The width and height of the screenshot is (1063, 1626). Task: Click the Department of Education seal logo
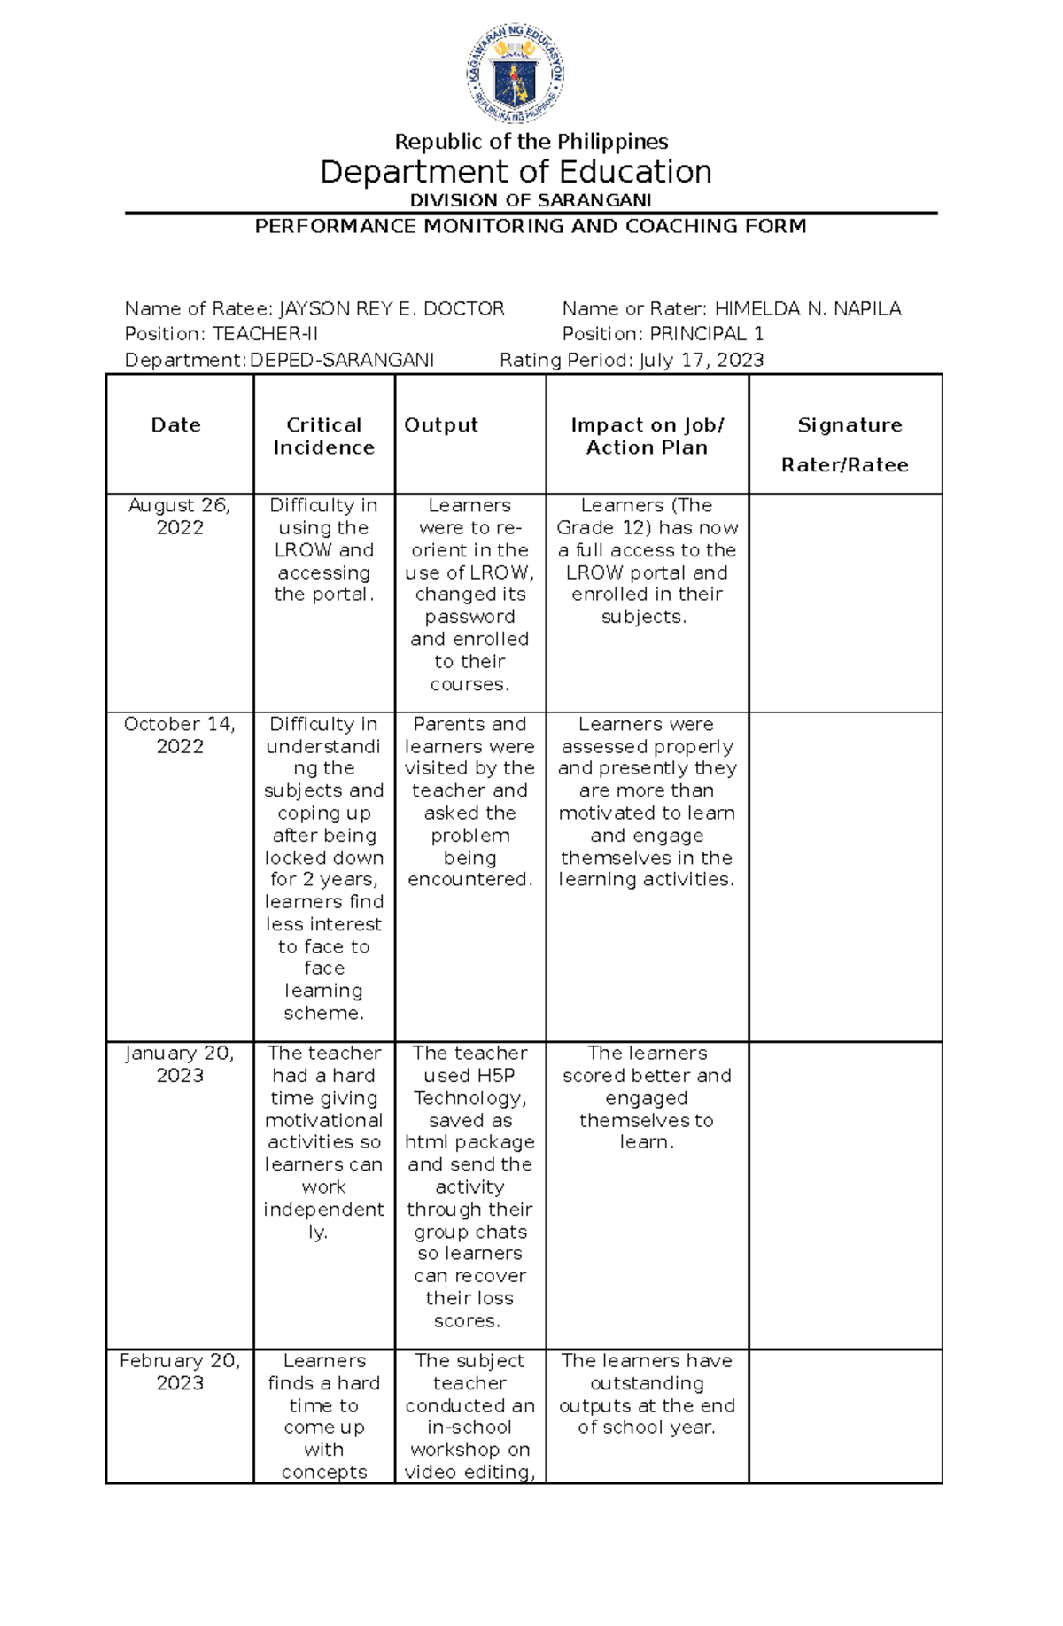[516, 74]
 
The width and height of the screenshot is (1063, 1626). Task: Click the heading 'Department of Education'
[516, 172]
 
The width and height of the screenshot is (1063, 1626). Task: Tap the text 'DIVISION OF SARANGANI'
[531, 200]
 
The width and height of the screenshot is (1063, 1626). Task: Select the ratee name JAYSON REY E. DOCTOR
[392, 309]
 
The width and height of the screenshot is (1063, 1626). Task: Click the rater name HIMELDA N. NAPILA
[808, 309]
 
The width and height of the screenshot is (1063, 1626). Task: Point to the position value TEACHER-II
[265, 334]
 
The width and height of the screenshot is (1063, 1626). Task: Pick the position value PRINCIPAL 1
[707, 334]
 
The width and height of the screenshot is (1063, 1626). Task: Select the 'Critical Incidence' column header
[323, 436]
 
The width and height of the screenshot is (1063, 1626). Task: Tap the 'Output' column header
[441, 425]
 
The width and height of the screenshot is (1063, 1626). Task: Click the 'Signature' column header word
[850, 425]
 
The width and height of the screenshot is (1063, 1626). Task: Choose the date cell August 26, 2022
[180, 516]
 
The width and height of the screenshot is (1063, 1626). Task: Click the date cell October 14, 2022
[180, 735]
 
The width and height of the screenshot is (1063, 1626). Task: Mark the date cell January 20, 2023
[180, 1063]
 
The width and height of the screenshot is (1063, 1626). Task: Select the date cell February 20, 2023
[180, 1371]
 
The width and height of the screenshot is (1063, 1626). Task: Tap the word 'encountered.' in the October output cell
[469, 879]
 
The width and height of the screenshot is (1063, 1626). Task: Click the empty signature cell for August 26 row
[845, 603]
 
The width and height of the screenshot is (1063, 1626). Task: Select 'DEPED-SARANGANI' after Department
[342, 360]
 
